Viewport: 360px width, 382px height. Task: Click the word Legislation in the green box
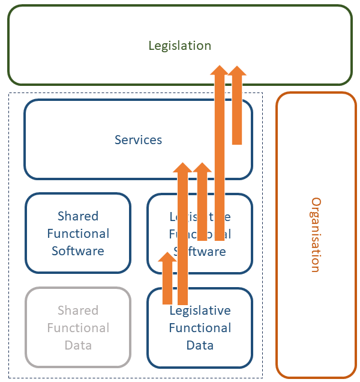180,46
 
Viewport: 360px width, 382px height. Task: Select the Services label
138,140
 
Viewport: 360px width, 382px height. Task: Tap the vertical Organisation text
316,235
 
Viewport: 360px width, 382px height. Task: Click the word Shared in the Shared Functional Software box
78,216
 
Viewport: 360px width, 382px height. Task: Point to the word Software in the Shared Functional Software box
78,251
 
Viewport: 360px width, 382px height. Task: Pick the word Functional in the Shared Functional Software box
78,234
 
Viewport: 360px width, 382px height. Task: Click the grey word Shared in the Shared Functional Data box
78,311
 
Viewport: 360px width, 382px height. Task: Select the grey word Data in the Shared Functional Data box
78,345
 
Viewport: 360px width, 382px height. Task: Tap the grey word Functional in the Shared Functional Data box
78,328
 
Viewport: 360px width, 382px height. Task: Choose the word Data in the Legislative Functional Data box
200,345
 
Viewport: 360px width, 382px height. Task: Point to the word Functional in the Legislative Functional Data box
200,328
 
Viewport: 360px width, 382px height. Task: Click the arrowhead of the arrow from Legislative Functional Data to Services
183,168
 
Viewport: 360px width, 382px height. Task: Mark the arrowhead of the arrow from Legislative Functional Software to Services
202,168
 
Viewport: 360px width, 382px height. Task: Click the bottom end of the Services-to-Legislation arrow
237,142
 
